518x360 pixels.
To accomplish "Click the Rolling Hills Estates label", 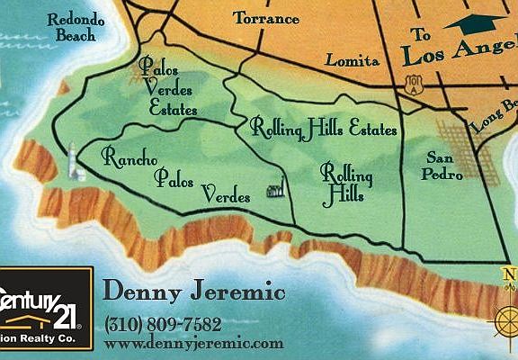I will (324, 128).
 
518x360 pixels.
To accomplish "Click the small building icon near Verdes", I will (275, 188).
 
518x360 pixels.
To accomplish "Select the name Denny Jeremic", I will (194, 292).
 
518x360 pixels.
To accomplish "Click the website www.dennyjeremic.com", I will (193, 343).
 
